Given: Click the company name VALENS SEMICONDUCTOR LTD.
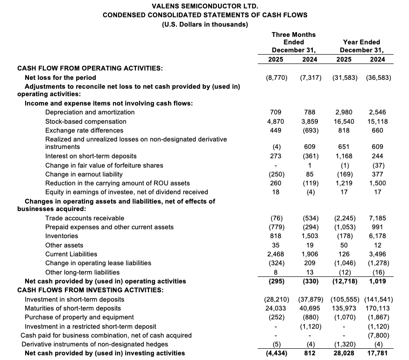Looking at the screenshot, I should click(x=204, y=6).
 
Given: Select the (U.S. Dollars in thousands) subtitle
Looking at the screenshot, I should click(x=204, y=24).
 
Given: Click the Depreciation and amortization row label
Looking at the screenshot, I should click(x=90, y=112).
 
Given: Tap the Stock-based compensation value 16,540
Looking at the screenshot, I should click(x=345, y=121).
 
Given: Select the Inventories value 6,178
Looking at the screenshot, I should click(x=377, y=236).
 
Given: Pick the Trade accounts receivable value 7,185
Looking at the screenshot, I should click(x=377, y=218).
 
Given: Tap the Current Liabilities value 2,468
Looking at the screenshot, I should click(x=279, y=254).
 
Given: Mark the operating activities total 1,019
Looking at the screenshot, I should click(x=377, y=281).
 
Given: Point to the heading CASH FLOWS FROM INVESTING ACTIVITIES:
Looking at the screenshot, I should click(x=91, y=290).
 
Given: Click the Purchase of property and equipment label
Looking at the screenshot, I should click(x=79, y=317).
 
